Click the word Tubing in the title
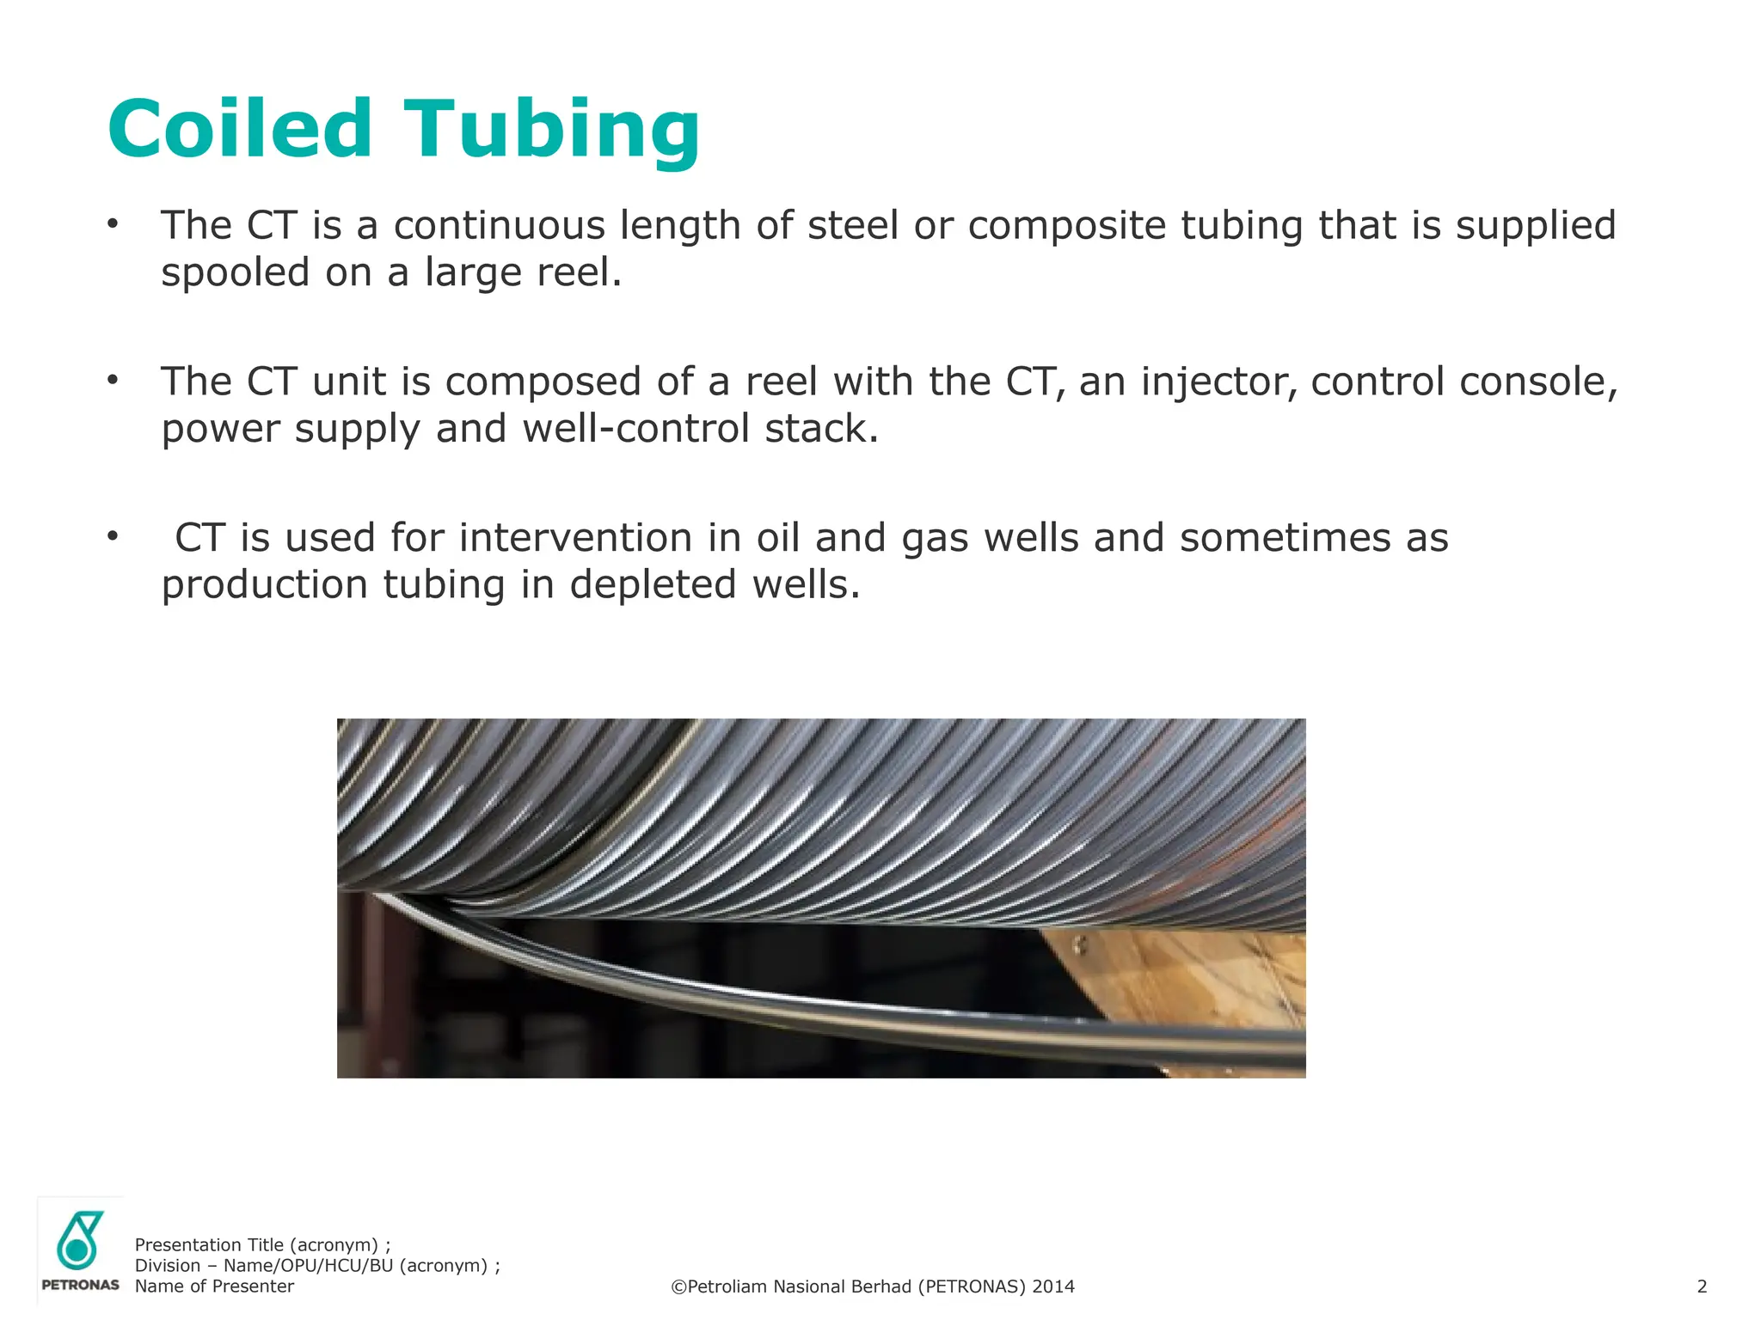click(x=551, y=131)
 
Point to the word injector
click(x=1218, y=382)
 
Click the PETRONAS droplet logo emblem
click(x=79, y=1240)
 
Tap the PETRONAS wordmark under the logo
click(x=80, y=1285)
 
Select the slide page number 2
click(x=1702, y=1286)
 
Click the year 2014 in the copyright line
click(x=1053, y=1286)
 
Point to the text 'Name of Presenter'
click(x=214, y=1286)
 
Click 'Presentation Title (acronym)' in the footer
click(x=256, y=1245)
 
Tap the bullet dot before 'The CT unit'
click(x=113, y=379)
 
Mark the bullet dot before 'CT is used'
click(x=113, y=536)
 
